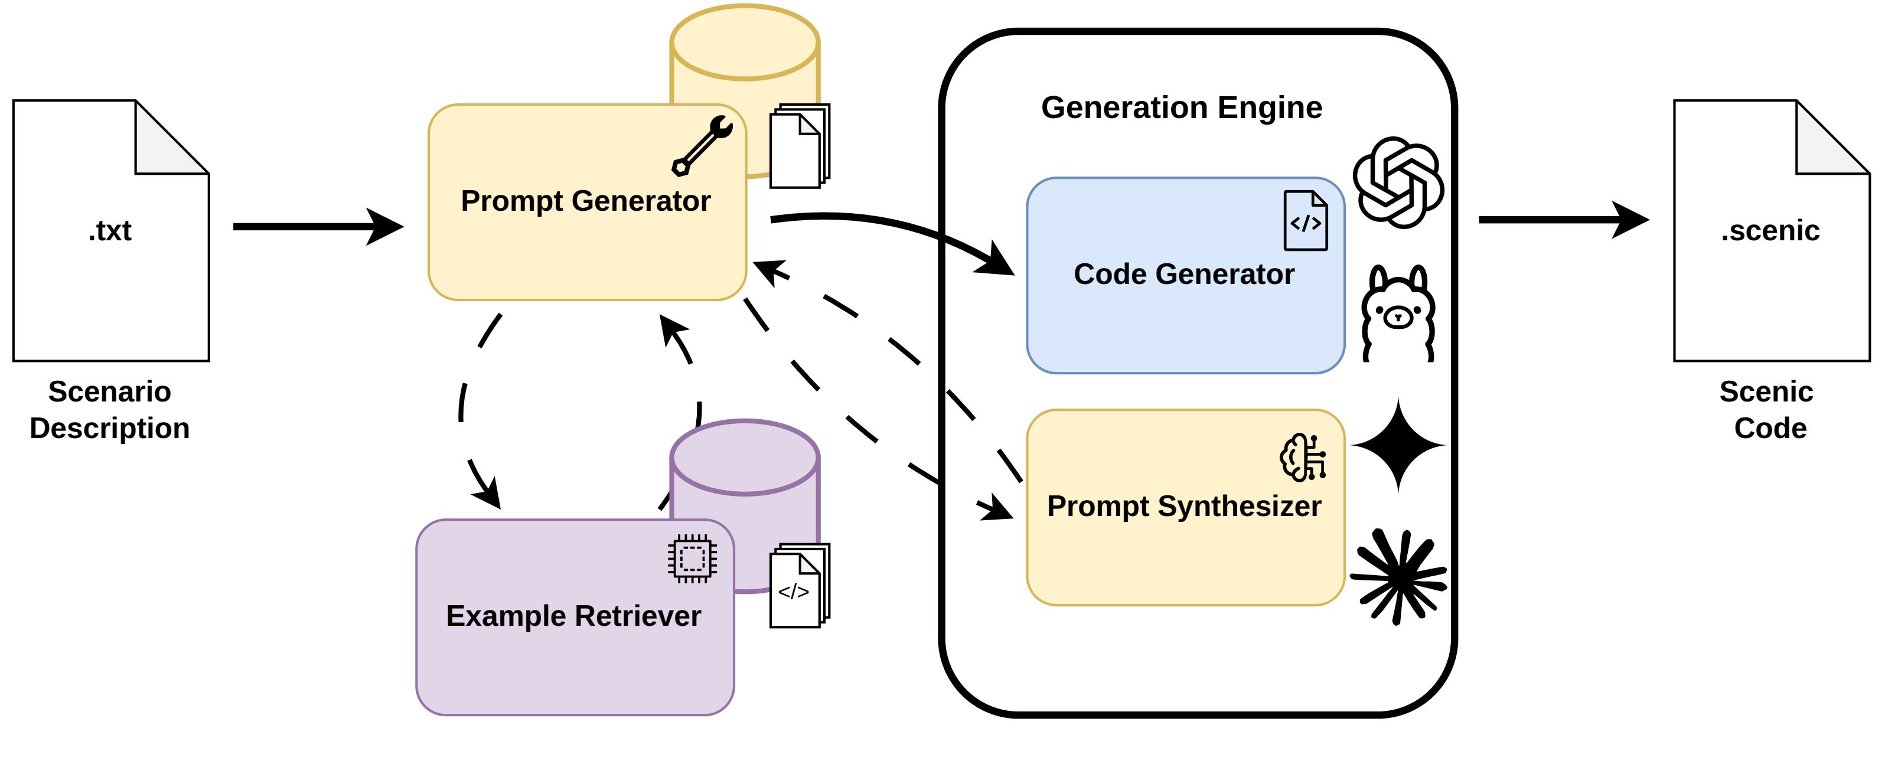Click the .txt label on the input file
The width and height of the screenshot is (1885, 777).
[110, 231]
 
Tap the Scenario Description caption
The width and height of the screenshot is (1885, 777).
[110, 410]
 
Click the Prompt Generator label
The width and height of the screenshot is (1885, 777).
[585, 201]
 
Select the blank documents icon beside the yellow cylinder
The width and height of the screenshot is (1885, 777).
[798, 147]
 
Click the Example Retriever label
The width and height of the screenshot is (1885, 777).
[573, 616]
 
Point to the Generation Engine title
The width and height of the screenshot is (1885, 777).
[1181, 107]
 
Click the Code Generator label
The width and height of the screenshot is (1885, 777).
[1183, 275]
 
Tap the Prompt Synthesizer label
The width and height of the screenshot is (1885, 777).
[1183, 507]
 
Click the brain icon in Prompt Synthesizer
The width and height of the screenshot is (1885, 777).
[1303, 458]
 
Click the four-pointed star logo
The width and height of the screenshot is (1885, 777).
[1398, 445]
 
